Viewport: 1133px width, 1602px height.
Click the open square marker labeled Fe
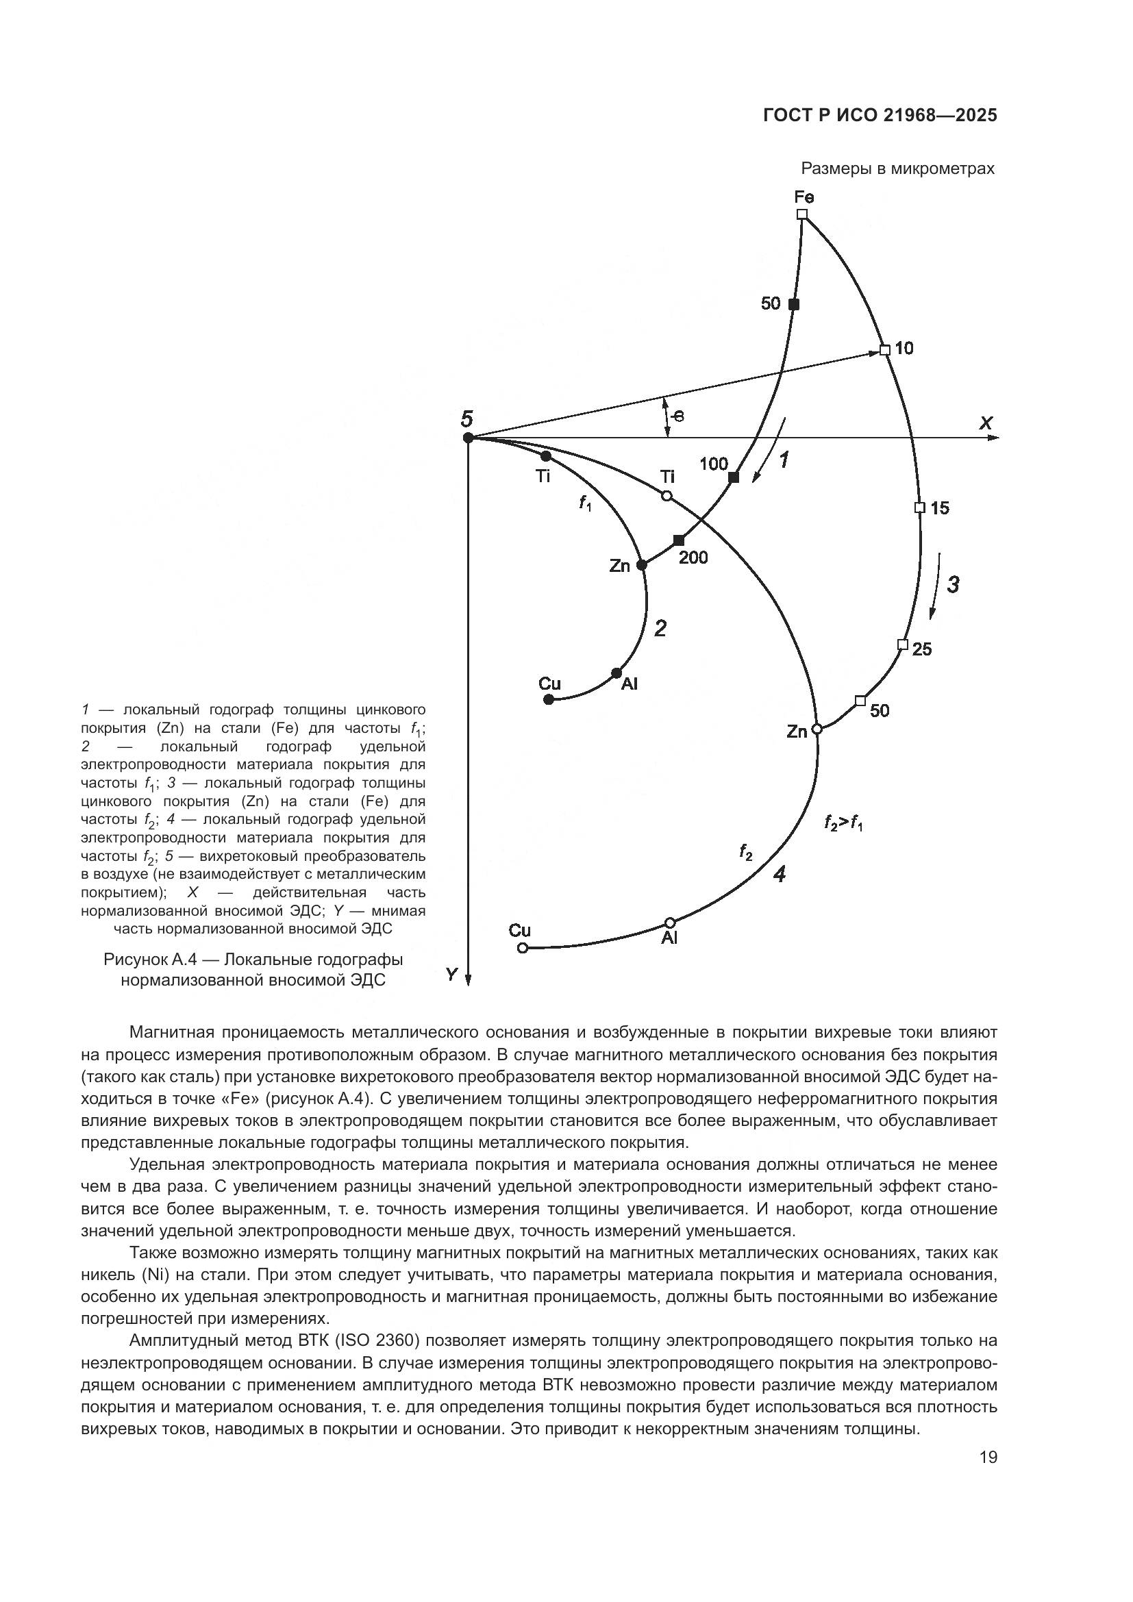coord(802,214)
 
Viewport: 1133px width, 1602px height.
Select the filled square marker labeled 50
coord(793,304)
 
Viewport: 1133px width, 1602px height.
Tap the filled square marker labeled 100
coord(733,477)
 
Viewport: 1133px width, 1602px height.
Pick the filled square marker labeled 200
coord(679,540)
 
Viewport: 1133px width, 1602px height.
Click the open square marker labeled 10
coord(884,350)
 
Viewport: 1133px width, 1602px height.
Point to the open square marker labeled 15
coord(919,508)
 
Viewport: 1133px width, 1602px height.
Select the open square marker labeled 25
coord(902,644)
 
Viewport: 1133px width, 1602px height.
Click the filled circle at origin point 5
coord(468,438)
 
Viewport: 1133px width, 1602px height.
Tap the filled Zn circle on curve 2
coord(642,565)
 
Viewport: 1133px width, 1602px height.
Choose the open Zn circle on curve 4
coord(818,729)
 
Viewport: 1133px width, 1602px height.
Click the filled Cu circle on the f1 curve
coord(549,699)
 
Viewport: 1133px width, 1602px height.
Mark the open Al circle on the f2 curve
coord(671,923)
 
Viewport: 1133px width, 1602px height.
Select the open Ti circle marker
coord(667,495)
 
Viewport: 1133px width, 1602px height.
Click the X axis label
coord(986,423)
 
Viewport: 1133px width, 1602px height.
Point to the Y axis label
coord(452,974)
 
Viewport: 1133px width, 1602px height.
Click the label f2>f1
coord(843,824)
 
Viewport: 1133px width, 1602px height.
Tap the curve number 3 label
coord(953,584)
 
